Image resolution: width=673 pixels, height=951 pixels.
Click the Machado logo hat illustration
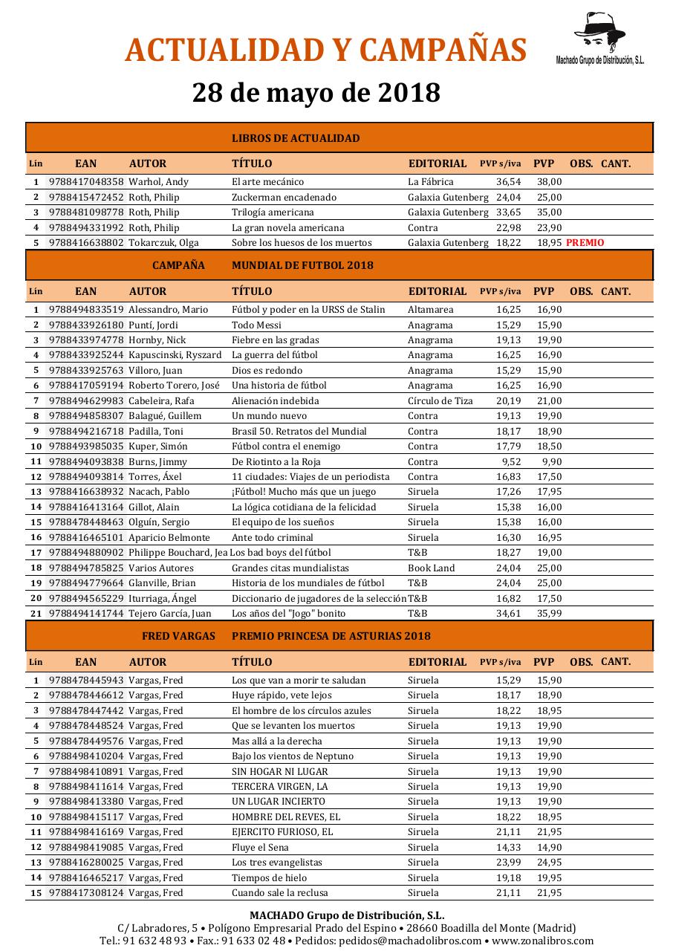coord(602,32)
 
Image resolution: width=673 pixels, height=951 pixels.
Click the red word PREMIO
coord(585,243)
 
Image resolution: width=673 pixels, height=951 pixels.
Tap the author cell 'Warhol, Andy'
coord(158,182)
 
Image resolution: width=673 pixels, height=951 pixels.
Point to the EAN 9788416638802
coord(86,243)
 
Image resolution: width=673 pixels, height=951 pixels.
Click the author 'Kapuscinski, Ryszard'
coord(175,355)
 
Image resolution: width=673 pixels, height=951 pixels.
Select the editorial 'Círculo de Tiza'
coord(440,400)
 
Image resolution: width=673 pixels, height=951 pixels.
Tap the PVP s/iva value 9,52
coord(511,461)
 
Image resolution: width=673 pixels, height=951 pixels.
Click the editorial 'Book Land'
coord(431,568)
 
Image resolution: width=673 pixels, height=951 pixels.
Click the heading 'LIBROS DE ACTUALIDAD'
coord(296,138)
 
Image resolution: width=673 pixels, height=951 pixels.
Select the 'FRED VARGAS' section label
coord(178,636)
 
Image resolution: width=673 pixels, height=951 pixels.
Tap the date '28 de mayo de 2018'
coord(316,93)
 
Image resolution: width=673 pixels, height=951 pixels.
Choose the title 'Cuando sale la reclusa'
coord(279,893)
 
